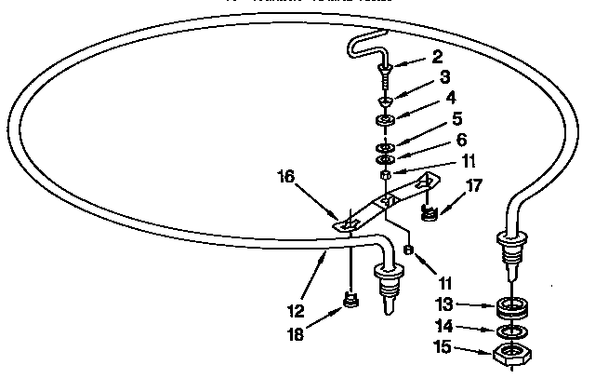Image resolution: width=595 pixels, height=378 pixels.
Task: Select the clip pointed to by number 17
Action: pyautogui.click(x=429, y=214)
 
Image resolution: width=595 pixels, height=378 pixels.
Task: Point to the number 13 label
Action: pyautogui.click(x=444, y=304)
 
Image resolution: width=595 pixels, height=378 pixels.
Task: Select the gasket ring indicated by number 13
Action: pyautogui.click(x=510, y=305)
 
